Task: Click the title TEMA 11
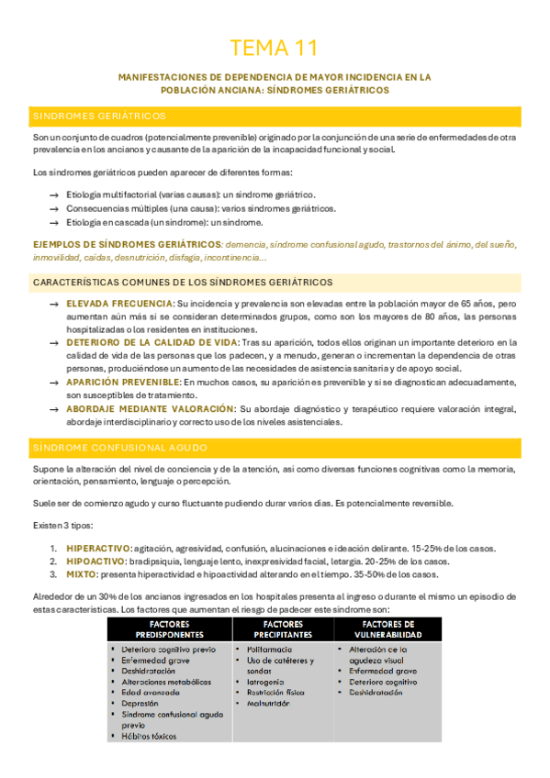click(x=275, y=48)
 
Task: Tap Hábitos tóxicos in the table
click(x=152, y=736)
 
